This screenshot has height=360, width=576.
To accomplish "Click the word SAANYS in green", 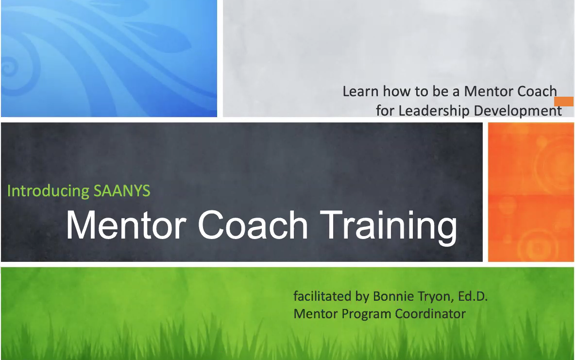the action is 122,190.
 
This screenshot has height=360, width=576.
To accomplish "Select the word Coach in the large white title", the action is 253,225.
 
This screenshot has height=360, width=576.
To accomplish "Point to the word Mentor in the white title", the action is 126,225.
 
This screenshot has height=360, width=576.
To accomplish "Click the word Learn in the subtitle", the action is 361,91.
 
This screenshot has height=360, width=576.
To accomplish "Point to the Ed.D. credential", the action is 473,296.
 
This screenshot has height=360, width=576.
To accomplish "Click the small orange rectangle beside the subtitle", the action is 564,102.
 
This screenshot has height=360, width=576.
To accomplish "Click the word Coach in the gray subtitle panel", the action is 534,91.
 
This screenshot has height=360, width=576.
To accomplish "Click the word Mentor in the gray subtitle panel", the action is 486,91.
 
